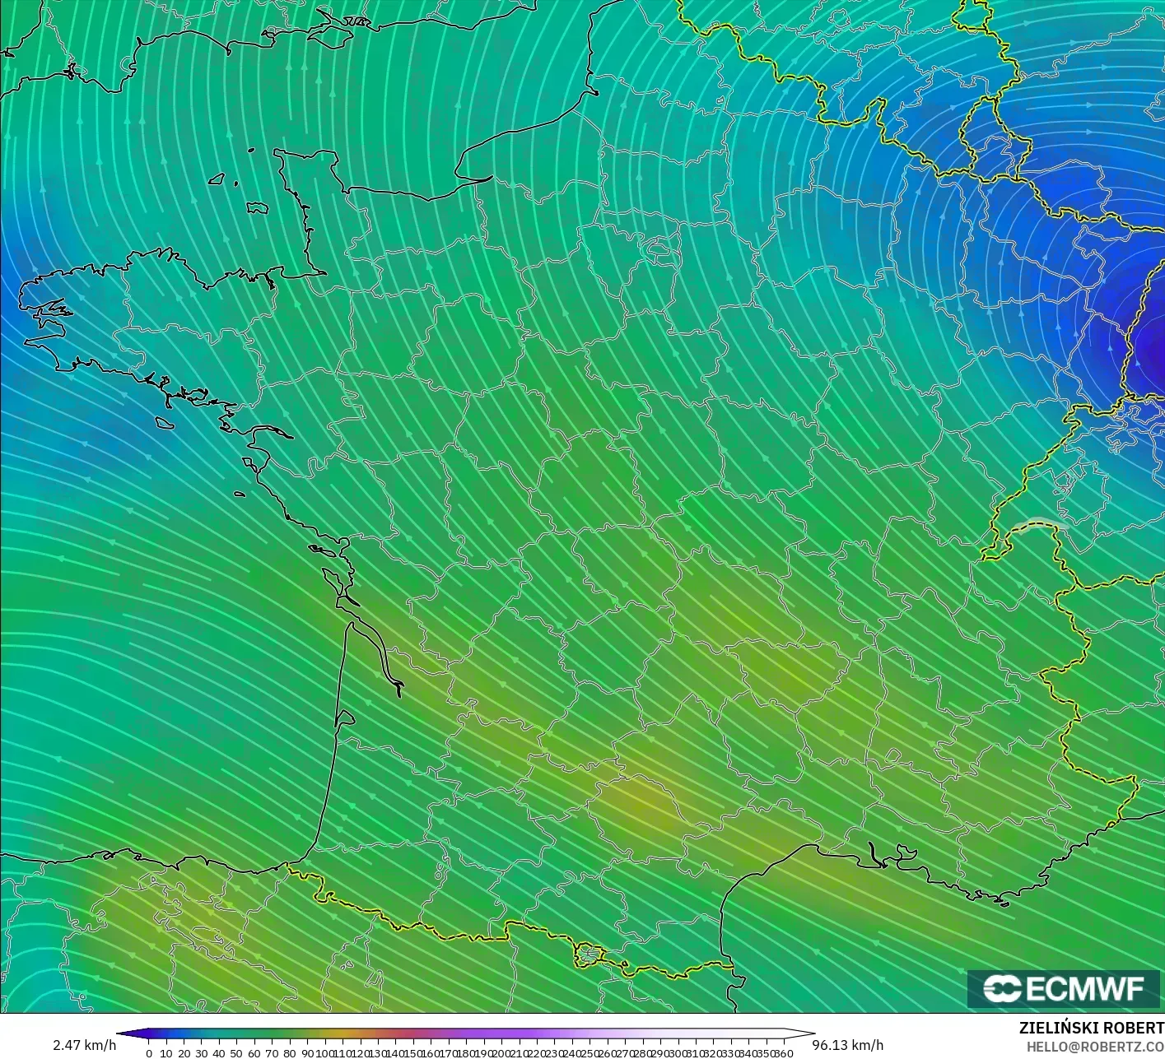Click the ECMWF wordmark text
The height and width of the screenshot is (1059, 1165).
click(x=1085, y=988)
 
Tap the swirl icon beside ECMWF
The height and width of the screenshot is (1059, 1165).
click(x=1002, y=988)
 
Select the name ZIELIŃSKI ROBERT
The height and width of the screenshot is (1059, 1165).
click(x=1091, y=1028)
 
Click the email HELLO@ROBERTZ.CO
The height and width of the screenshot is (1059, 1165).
click(x=1095, y=1046)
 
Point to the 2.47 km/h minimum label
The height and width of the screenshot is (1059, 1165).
click(x=84, y=1045)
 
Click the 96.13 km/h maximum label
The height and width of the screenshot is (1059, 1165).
click(x=848, y=1045)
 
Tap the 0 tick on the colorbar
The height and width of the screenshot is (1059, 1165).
click(x=148, y=1053)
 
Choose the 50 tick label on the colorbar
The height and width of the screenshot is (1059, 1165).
click(x=236, y=1053)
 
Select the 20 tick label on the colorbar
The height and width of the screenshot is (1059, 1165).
click(x=184, y=1053)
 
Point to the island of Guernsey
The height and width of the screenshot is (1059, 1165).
click(x=217, y=179)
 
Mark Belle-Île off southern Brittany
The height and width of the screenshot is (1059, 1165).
click(x=165, y=422)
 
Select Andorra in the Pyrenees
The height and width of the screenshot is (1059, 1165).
click(x=589, y=954)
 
